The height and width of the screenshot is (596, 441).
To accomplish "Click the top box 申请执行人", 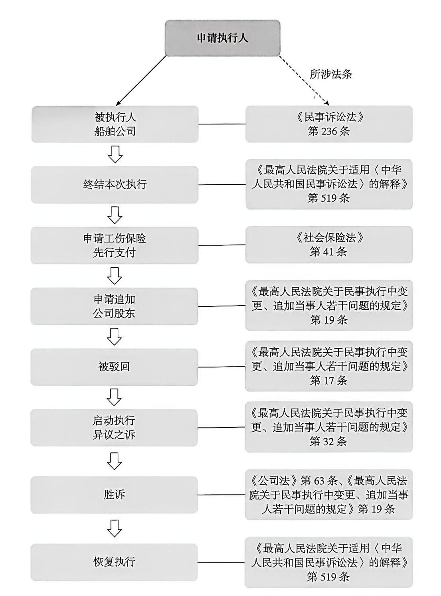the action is tap(222, 38).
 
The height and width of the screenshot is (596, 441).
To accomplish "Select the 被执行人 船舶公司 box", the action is tap(115, 124).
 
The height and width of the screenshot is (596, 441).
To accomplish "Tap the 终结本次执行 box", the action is tap(115, 185).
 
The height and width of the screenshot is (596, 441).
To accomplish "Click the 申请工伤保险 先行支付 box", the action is tap(115, 245).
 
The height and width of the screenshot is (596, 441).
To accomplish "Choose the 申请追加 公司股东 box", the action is tap(114, 306).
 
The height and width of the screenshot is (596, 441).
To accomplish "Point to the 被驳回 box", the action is tap(114, 367).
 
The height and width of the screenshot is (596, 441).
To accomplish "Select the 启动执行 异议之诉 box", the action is tap(114, 428).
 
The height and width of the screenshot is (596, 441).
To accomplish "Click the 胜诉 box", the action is tap(114, 495).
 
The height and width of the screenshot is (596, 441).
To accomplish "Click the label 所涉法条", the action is tap(331, 74).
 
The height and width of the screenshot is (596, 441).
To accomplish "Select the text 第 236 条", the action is tap(328, 131).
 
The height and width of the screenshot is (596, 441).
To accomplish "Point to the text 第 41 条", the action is tap(328, 252).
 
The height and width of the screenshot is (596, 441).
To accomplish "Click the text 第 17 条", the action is tap(328, 380).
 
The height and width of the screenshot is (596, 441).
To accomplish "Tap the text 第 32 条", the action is tap(328, 441).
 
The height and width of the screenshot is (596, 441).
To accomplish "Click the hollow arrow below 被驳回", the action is tap(115, 397).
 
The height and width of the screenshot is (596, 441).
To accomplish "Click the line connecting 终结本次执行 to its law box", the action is tap(222, 185).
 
